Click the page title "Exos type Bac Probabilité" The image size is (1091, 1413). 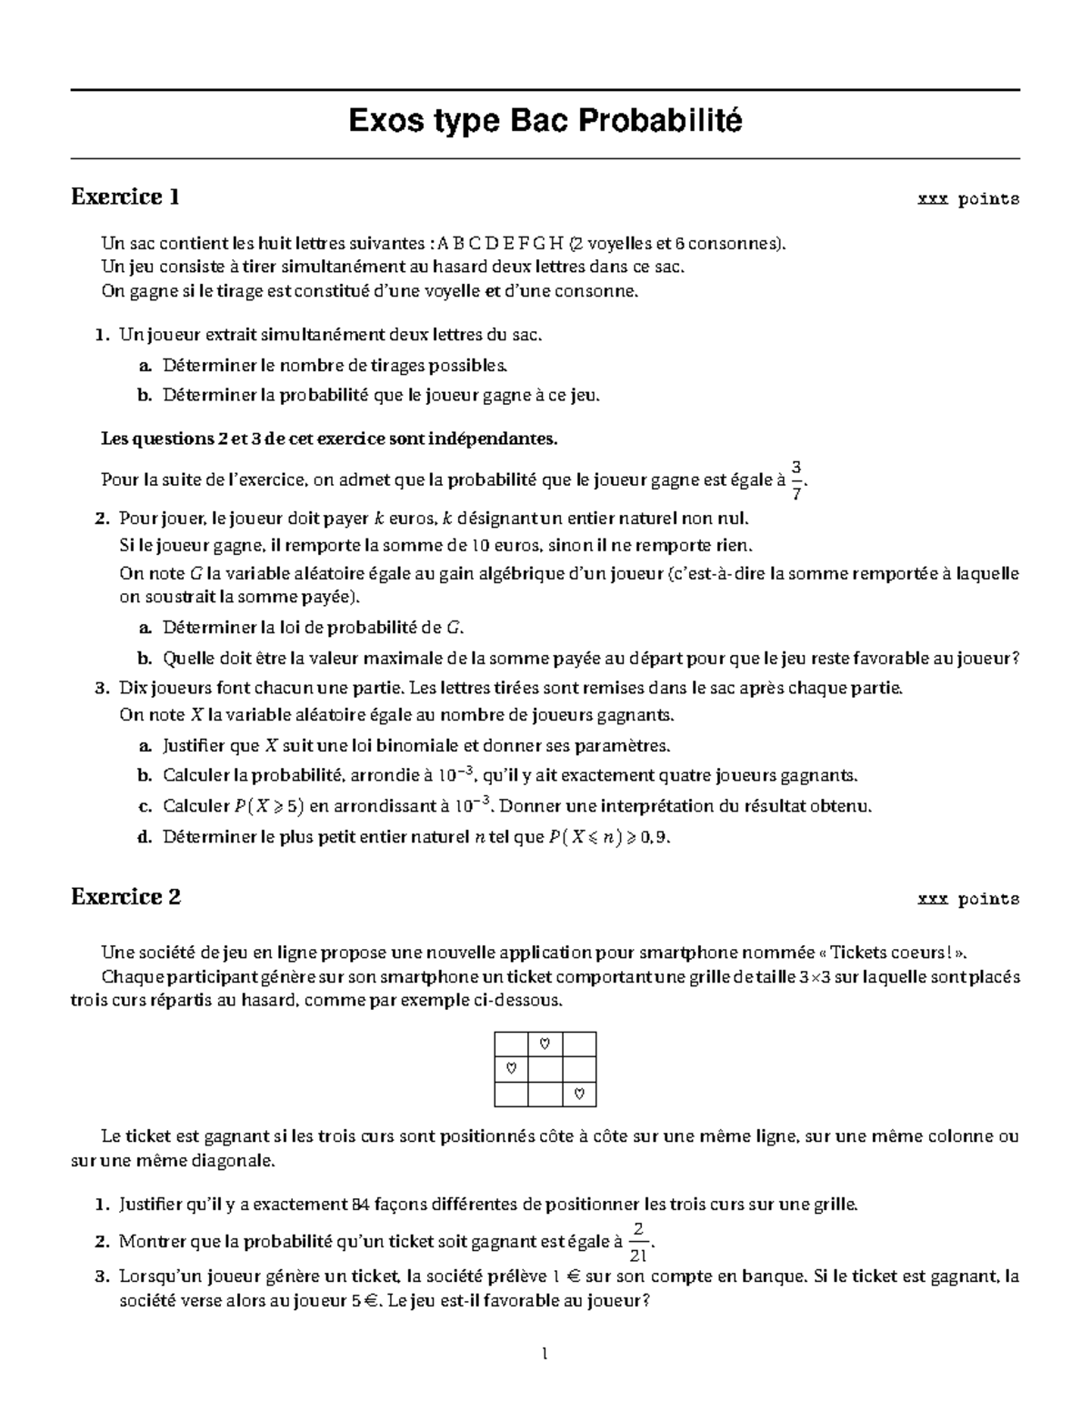pos(545,120)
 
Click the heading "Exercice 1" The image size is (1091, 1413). pos(125,197)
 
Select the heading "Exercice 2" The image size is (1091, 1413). pos(125,897)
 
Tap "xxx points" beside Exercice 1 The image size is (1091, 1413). pos(968,199)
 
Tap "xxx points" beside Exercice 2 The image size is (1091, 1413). pos(968,900)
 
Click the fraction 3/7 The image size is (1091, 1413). pos(796,479)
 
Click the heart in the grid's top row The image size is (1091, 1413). pos(545,1042)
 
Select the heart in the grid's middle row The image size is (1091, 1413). pos(511,1067)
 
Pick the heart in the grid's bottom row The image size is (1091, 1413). pos(579,1093)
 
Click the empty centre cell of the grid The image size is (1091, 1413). pos(545,1067)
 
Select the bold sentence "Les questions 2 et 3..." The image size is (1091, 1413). pos(328,439)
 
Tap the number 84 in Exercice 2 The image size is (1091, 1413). pos(359,1206)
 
